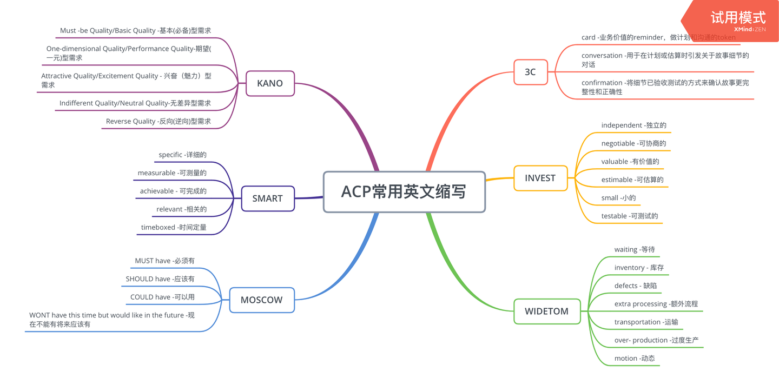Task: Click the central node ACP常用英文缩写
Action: pyautogui.click(x=404, y=192)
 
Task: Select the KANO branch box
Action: pyautogui.click(x=270, y=83)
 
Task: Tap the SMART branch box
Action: pyautogui.click(x=267, y=198)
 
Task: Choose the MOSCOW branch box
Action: pyautogui.click(x=262, y=300)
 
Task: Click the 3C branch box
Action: pyautogui.click(x=530, y=72)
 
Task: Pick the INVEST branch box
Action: pyautogui.click(x=540, y=178)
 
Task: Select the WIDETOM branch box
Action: pyautogui.click(x=546, y=312)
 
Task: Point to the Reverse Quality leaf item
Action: pyautogui.click(x=159, y=122)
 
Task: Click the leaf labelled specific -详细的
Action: pyautogui.click(x=182, y=155)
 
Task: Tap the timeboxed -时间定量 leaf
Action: pyautogui.click(x=174, y=228)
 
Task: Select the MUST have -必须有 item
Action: pyautogui.click(x=164, y=261)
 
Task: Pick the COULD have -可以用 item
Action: pyautogui.click(x=162, y=297)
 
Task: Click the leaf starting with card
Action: pyautogui.click(x=658, y=38)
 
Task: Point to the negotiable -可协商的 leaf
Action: pyautogui.click(x=633, y=144)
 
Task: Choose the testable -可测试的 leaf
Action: pyautogui.click(x=629, y=216)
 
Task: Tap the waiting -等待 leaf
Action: pyautogui.click(x=635, y=250)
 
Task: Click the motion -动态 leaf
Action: pyautogui.click(x=635, y=359)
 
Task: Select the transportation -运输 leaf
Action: pyautogui.click(x=646, y=322)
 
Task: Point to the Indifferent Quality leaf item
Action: pyautogui.click(x=135, y=103)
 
